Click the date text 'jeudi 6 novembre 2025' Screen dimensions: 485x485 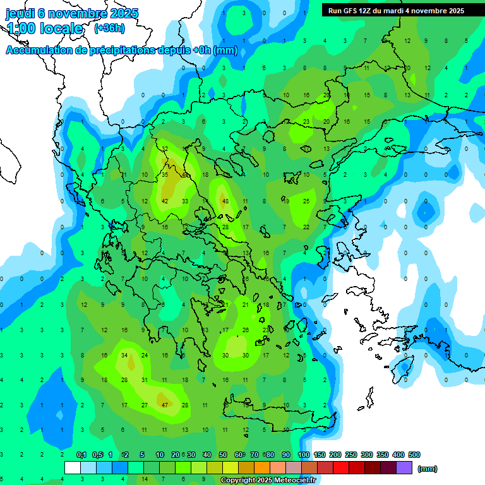[x=72, y=13]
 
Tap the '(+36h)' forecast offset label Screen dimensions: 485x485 [x=109, y=28]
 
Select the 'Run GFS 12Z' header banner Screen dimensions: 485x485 [x=395, y=10]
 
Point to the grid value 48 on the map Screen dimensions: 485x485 [x=225, y=201]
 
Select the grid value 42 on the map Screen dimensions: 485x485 [x=164, y=201]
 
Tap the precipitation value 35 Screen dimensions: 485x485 [x=164, y=174]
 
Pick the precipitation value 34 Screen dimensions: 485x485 [x=124, y=356]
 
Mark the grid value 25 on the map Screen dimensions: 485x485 [x=306, y=201]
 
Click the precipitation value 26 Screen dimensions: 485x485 [x=246, y=330]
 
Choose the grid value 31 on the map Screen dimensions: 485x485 [x=145, y=380]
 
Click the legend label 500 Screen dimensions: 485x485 [x=414, y=455]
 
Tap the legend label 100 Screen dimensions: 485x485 [x=304, y=455]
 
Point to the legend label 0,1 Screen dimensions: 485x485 [x=81, y=455]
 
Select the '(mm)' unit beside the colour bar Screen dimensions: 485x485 [x=428, y=469]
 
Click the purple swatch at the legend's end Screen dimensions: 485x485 [x=404, y=468]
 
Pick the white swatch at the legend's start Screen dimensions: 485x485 [x=73, y=468]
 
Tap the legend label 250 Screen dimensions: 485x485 [x=351, y=455]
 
